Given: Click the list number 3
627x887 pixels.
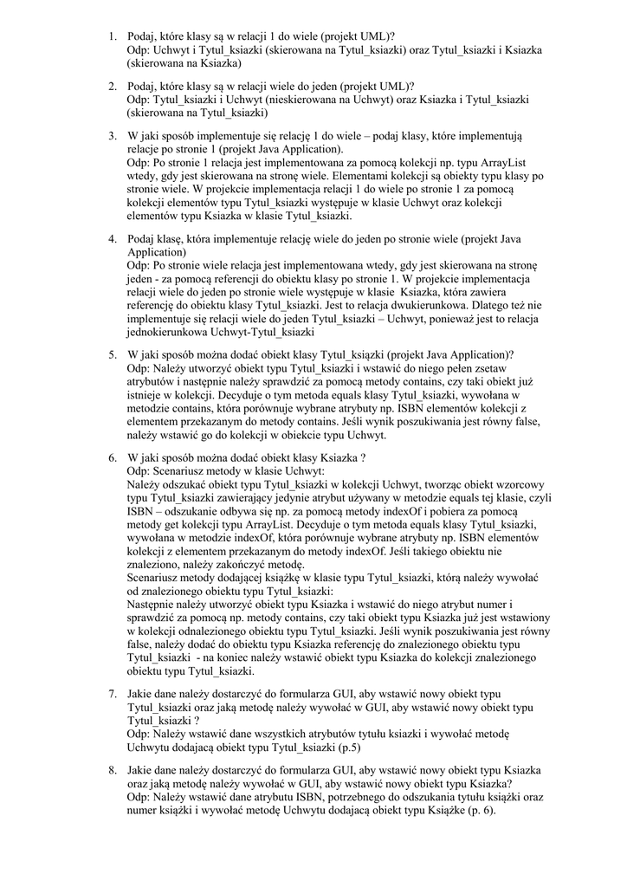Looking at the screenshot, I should tap(113, 136).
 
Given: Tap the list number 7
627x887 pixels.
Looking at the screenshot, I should tap(113, 695).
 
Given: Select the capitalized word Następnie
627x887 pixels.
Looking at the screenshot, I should tap(155, 604).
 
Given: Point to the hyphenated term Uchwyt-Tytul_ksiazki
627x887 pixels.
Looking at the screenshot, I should tap(260, 332).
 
